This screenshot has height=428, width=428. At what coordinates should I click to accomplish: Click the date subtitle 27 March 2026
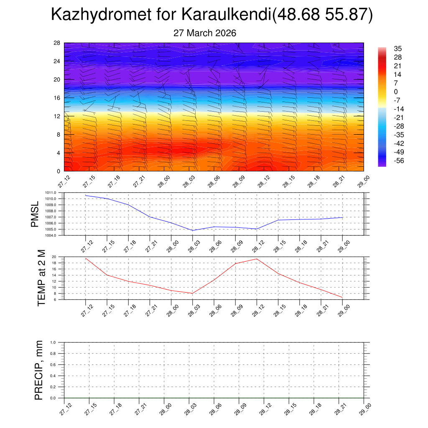click(205, 33)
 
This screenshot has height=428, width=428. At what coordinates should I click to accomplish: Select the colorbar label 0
click(396, 92)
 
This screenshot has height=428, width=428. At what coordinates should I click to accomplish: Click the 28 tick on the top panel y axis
click(57, 43)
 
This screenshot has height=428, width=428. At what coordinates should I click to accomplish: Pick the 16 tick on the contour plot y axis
click(57, 98)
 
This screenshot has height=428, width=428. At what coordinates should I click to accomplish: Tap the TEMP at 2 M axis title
click(41, 278)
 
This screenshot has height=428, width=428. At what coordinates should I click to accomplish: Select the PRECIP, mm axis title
click(39, 370)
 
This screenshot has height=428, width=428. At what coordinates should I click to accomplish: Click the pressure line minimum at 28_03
click(193, 230)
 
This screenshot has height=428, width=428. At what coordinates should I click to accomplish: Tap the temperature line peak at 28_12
click(257, 259)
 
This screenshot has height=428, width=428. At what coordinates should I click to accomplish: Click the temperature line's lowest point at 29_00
click(342, 297)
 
